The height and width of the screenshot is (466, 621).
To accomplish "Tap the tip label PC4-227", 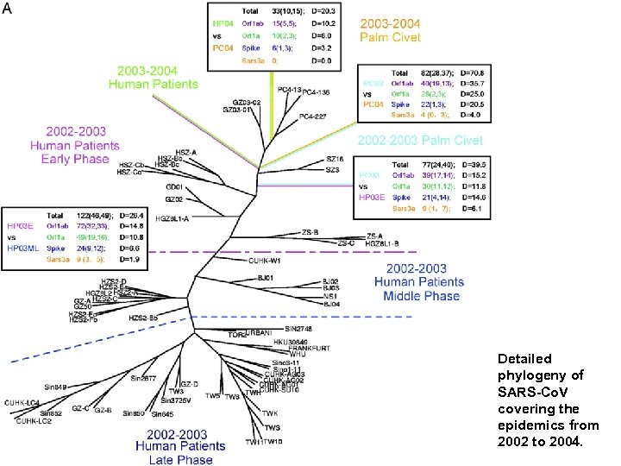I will (x=313, y=116).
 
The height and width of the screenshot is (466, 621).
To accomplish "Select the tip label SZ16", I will (x=335, y=159).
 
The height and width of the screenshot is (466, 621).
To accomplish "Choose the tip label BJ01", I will (x=265, y=278).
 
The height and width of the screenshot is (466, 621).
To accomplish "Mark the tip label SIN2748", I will (x=299, y=329).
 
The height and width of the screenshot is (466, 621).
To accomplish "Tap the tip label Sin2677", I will (x=143, y=377).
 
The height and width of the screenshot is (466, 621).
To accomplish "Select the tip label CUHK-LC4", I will (x=22, y=403).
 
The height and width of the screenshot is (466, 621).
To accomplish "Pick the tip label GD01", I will (x=173, y=186).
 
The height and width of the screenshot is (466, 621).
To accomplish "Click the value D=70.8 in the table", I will (x=477, y=74).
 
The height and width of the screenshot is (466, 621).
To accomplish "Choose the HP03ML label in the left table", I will (x=23, y=247).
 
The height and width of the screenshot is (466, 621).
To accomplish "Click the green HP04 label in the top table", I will (x=223, y=23).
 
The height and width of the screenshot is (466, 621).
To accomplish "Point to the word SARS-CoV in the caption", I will (x=527, y=392).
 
